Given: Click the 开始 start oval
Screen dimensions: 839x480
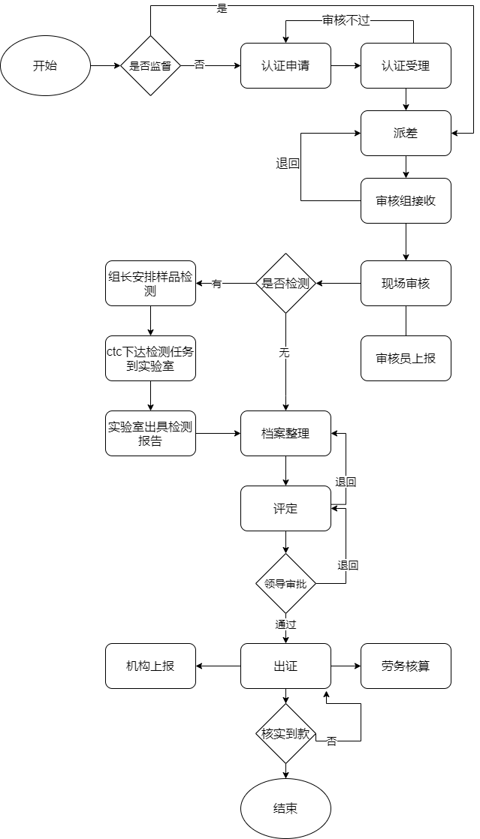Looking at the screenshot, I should (45, 65).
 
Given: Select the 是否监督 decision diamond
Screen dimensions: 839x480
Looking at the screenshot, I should (150, 65).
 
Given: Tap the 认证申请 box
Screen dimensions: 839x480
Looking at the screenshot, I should (285, 65).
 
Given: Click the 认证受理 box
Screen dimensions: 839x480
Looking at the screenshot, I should (406, 65).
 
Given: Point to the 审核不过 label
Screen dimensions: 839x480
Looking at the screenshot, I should (346, 21).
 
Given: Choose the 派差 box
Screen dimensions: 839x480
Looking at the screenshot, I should (406, 133).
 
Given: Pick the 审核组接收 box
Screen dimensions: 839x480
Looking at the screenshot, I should (406, 200).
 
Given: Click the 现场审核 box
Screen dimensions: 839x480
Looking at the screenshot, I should (406, 283).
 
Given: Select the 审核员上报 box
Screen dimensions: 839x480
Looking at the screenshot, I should (406, 358).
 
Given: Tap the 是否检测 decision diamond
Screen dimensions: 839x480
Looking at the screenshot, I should (285, 283).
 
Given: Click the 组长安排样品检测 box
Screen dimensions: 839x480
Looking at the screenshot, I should (150, 283).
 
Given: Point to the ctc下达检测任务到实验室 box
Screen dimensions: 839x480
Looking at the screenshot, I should (150, 358).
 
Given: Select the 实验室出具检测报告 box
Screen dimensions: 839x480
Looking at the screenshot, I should (150, 433).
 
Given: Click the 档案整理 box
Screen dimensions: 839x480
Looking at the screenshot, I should (285, 433).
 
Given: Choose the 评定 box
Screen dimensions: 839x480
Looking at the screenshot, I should (285, 508).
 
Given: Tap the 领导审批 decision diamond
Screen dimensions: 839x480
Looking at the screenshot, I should (285, 583).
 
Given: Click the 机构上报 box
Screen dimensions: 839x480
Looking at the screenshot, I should (150, 666).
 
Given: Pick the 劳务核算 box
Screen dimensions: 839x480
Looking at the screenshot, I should (406, 666).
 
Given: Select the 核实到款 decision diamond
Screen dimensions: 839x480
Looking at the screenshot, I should (285, 733).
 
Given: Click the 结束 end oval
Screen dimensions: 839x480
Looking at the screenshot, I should (285, 808).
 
